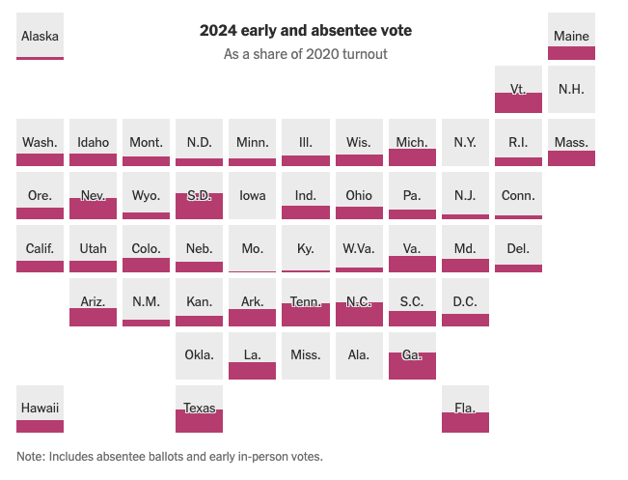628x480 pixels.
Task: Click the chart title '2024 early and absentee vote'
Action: point(306,31)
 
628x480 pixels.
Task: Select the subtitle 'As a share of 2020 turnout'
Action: point(306,54)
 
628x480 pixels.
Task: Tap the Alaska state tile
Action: point(41,37)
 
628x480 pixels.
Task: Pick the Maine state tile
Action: point(571,37)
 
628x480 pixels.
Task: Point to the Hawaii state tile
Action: point(41,409)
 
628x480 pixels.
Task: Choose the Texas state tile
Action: point(200,409)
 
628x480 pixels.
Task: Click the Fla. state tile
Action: point(465,409)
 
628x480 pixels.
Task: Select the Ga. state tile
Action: point(412,355)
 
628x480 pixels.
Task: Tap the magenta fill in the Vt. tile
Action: point(518,102)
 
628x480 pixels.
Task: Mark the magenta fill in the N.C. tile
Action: point(359,315)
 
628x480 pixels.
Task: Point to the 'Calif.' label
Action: point(40,248)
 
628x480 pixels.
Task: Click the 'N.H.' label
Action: point(571,89)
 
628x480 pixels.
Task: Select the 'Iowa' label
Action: point(253,195)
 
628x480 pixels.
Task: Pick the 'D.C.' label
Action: point(465,301)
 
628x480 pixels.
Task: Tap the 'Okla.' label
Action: point(200,354)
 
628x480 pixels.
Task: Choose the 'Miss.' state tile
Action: point(306,355)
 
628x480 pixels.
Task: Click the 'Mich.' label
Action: point(412,142)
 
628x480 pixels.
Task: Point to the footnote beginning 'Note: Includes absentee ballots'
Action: point(170,456)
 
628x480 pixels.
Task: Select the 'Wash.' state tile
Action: point(41,142)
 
